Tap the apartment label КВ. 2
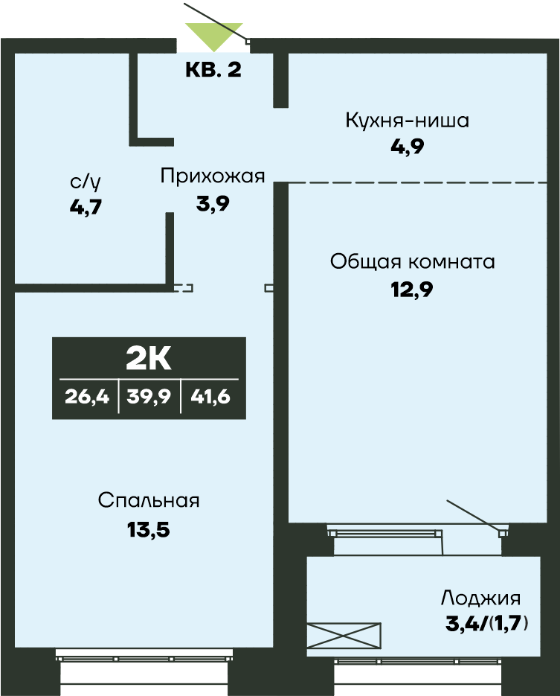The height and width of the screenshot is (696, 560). tap(213, 71)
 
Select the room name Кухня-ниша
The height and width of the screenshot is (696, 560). tap(407, 121)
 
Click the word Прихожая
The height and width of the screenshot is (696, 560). tap(213, 176)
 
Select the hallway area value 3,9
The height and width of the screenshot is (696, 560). tap(213, 203)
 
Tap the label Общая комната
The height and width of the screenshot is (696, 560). tap(413, 262)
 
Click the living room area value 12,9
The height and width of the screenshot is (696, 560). tap(412, 289)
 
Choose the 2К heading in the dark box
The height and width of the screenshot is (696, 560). tap(149, 358)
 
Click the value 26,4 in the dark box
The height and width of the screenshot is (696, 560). tap(87, 397)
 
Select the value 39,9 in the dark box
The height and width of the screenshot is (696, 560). tap(149, 397)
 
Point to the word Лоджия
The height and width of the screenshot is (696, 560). tap(480, 598)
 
